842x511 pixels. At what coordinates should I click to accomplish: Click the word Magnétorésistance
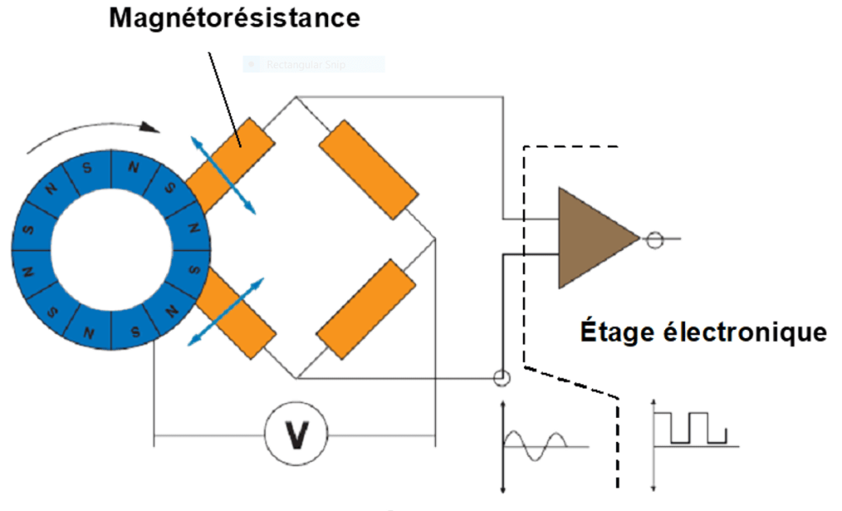[235, 18]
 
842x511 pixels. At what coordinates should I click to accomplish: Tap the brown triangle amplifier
[592, 238]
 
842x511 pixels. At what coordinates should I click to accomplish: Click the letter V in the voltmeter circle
[295, 435]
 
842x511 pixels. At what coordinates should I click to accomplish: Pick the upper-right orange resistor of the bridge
[368, 170]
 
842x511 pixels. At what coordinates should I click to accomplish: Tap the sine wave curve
[535, 444]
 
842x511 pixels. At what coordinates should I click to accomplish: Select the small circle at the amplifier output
[654, 240]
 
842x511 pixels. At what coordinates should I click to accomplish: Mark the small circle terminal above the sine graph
[501, 379]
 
